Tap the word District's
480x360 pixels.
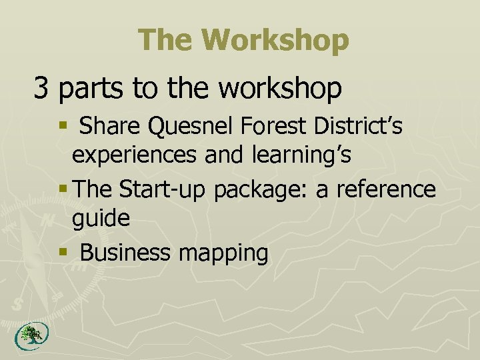[x=365, y=126]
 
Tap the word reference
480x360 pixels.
[x=385, y=190]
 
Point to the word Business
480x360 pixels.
[x=126, y=253]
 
